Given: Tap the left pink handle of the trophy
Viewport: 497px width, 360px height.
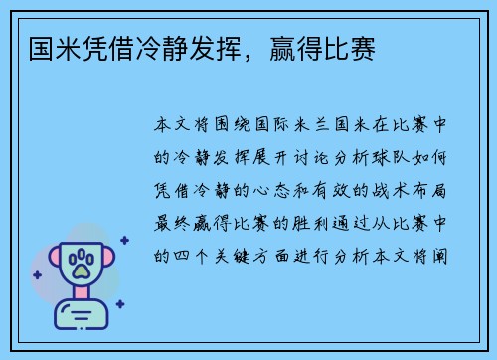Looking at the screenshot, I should click(x=47, y=262).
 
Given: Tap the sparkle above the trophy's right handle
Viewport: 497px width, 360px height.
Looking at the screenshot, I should click(x=124, y=240).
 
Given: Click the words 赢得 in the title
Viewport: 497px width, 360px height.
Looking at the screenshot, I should click(x=293, y=48).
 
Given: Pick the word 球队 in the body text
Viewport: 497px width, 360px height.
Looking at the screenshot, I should click(x=383, y=158).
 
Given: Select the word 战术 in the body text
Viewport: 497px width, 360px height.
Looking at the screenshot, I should click(x=384, y=190).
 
